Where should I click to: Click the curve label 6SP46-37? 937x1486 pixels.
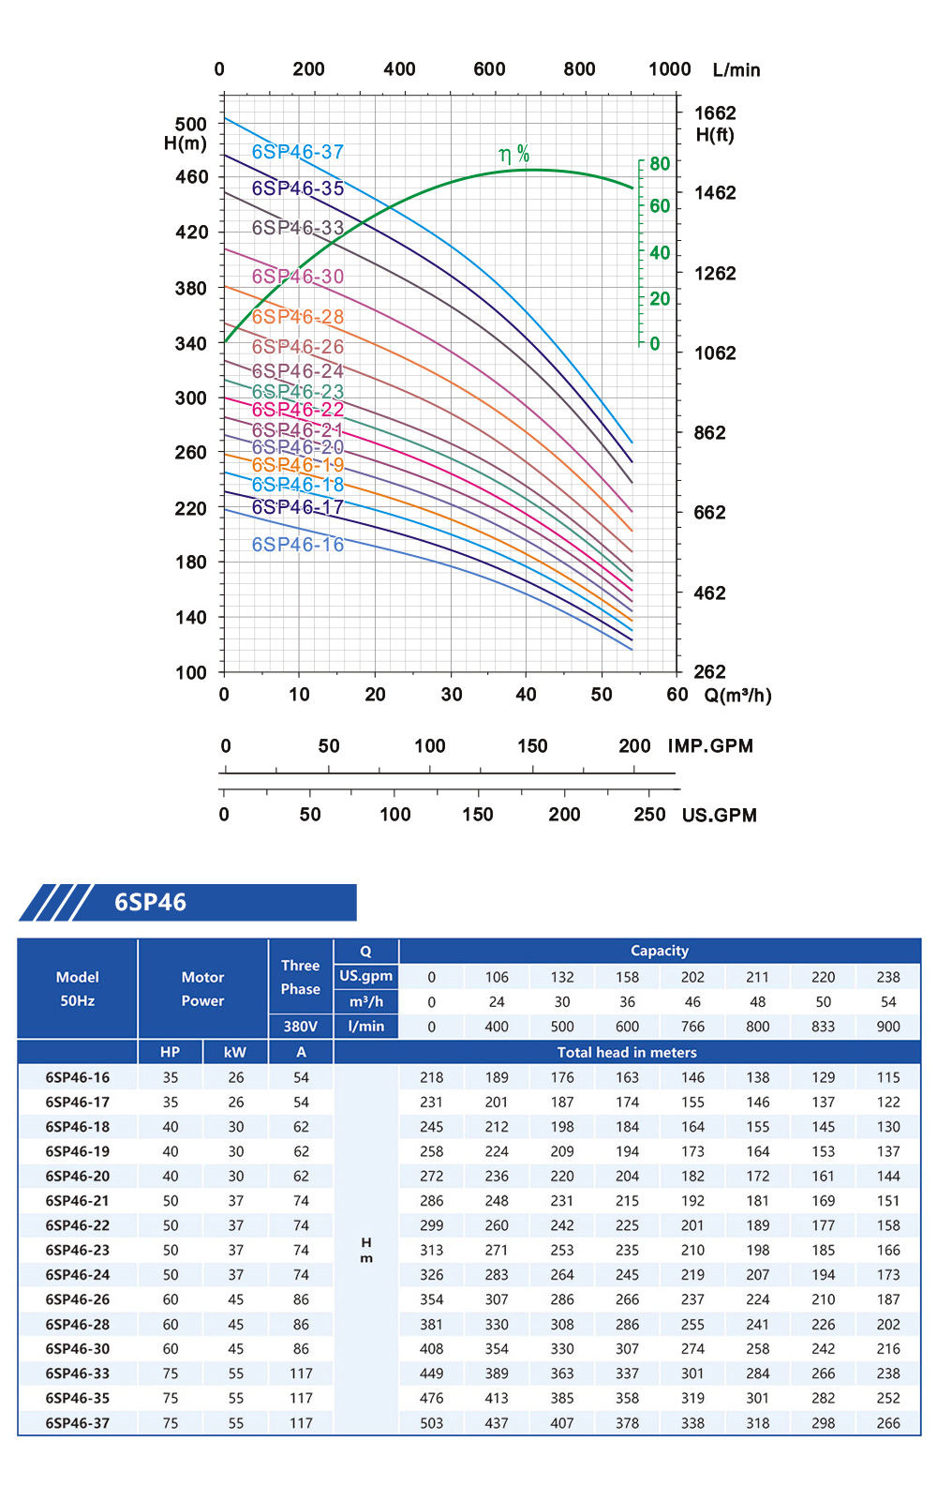297,152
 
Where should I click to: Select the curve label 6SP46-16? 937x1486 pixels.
297,545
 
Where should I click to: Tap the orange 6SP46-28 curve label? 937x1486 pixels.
297,317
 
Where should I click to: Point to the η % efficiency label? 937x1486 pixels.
513,155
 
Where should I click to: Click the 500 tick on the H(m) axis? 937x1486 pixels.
191,124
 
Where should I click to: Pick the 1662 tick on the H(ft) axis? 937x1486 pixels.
715,113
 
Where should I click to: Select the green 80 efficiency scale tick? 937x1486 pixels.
660,164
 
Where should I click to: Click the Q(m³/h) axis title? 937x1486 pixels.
738,696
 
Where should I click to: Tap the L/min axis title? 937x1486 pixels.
736,70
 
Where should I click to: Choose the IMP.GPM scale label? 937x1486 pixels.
710,746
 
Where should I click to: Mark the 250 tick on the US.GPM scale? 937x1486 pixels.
649,815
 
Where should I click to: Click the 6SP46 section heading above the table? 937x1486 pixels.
150,902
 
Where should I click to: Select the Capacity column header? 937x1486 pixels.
660,951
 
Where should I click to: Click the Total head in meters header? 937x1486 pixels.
627,1052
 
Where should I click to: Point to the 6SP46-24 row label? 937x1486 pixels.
78,1275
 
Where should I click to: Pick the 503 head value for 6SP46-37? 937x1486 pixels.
432,1423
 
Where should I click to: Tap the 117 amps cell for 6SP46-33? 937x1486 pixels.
301,1373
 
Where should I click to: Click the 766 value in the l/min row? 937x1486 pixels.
692,1027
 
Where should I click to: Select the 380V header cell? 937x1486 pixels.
301,1027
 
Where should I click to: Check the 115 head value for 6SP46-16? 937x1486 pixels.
888,1077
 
